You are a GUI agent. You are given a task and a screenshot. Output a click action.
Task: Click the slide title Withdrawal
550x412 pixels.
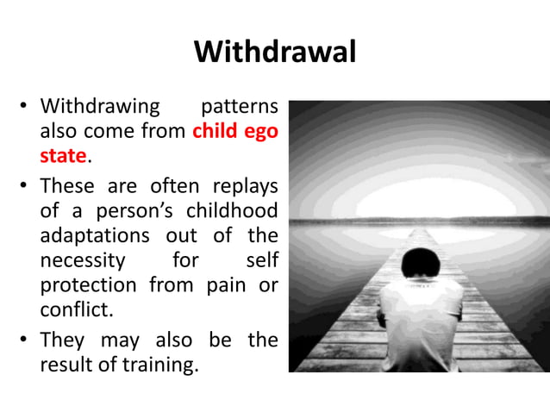click(x=275, y=53)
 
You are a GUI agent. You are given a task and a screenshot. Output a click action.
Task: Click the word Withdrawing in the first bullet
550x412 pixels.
click(x=100, y=108)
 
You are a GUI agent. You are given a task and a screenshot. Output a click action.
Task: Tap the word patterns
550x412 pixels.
click(x=239, y=108)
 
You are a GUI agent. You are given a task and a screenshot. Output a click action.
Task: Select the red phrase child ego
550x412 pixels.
click(x=235, y=132)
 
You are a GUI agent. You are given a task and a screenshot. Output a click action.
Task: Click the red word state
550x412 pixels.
click(x=63, y=157)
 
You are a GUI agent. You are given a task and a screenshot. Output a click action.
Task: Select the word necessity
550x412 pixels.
click(x=83, y=259)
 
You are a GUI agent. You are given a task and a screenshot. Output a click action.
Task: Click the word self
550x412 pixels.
click(x=262, y=259)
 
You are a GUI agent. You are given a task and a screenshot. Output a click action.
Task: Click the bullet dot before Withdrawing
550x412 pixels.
click(x=26, y=109)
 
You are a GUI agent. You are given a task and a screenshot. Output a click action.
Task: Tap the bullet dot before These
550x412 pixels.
click(x=26, y=186)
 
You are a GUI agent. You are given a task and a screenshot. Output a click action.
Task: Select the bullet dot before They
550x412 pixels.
click(x=26, y=340)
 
